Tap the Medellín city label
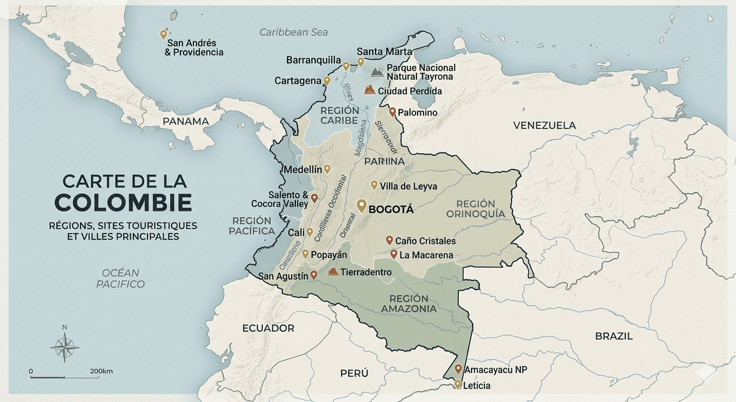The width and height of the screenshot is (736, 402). click(302, 170)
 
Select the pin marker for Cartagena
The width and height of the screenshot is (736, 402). click(327, 81)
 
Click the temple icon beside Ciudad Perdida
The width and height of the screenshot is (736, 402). click(370, 90)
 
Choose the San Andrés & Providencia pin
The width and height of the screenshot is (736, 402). click(164, 35)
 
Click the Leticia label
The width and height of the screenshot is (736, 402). click(477, 386)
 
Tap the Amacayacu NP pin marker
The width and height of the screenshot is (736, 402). click(458, 369)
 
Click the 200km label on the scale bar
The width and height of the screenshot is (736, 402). click(101, 371)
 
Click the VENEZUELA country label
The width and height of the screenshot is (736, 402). click(544, 125)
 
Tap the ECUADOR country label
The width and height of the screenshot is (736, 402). click(268, 328)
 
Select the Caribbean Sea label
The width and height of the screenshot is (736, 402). click(294, 32)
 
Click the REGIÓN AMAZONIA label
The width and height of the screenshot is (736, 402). click(408, 303)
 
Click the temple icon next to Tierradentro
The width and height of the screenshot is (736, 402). click(332, 271)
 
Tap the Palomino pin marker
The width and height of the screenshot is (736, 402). click(392, 111)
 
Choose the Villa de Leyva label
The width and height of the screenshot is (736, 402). click(408, 186)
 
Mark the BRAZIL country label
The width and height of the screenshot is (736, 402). click(614, 336)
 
